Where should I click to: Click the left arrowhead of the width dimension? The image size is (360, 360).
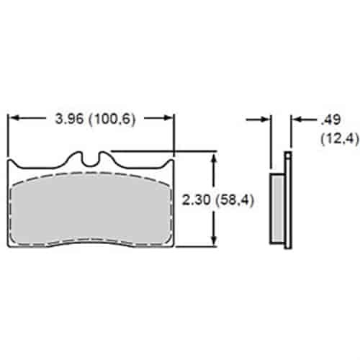click(x=14, y=117)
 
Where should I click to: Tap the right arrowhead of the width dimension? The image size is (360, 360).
click(x=168, y=117)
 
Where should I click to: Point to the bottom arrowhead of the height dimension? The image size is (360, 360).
click(x=215, y=240)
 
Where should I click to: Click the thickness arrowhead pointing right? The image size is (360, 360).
click(x=266, y=119)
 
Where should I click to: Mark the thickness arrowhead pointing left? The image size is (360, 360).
click(x=297, y=119)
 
